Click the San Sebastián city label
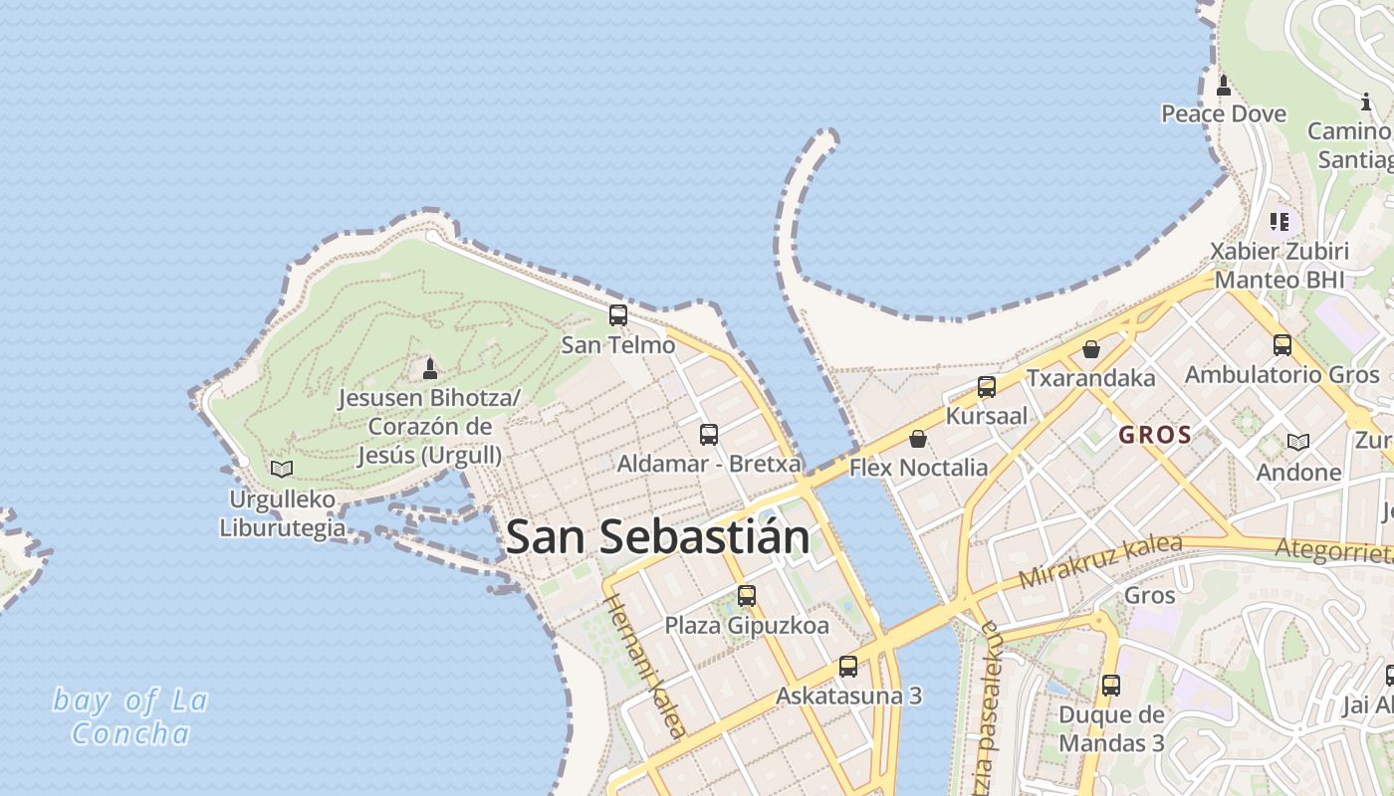[x=657, y=538]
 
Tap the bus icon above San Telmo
[x=618, y=315]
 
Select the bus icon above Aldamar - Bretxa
[x=709, y=434]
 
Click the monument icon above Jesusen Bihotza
[x=430, y=369]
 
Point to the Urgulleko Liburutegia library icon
[x=282, y=469]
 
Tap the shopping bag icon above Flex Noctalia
[x=918, y=438]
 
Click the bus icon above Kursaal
[x=987, y=387]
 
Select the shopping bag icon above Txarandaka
[x=1091, y=349]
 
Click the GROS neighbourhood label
[x=1155, y=435]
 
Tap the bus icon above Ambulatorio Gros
[x=1282, y=345]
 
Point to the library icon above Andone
[x=1298, y=442]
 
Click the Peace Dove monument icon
[x=1224, y=86]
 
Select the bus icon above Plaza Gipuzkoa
[x=747, y=596]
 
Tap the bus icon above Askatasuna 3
[x=848, y=667]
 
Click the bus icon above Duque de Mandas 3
[x=1111, y=686]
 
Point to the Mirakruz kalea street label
[x=1100, y=562]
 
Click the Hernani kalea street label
[x=645, y=666]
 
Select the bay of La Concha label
[x=130, y=716]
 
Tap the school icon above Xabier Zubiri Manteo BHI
[x=1279, y=221]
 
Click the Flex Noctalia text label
[x=918, y=468]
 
